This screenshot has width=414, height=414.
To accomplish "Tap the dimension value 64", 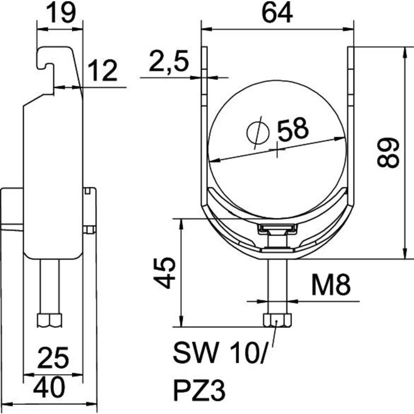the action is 277,12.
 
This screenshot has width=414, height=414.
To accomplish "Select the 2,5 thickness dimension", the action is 169,61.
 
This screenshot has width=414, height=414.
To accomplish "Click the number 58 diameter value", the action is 293,129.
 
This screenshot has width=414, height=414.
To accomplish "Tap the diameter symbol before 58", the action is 258,132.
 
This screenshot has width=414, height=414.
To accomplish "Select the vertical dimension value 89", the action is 388,152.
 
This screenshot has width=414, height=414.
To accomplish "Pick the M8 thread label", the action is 331,285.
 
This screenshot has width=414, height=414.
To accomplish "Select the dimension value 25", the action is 53,358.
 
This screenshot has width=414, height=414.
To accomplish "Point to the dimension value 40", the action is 49,387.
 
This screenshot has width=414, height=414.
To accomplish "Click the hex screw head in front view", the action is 277,320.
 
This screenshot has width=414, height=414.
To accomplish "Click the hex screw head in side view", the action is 50,320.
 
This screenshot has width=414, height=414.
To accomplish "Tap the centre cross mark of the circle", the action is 277,150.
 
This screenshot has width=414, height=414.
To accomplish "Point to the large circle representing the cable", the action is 277,150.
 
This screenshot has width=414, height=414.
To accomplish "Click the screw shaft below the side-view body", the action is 50,286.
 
